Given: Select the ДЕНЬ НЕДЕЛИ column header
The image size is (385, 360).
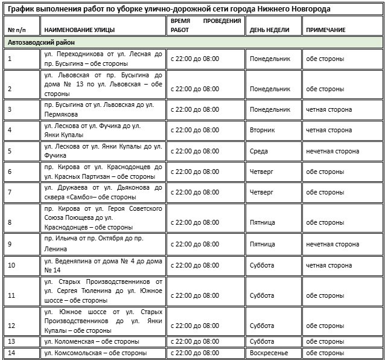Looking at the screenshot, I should pyautogui.click(x=269, y=30).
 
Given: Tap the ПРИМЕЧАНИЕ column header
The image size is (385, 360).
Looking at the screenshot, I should pyautogui.click(x=325, y=30).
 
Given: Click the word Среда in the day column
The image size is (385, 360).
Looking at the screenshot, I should pyautogui.click(x=259, y=151).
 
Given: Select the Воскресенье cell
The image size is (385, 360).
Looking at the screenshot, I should pyautogui.click(x=269, y=353).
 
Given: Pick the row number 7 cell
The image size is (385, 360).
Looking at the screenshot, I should pyautogui.click(x=10, y=192).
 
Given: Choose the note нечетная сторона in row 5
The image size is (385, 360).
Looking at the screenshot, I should pyautogui.click(x=332, y=151).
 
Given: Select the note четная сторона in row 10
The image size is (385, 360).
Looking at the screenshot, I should pyautogui.click(x=329, y=265).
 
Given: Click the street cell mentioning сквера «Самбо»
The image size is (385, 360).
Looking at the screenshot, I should pyautogui.click(x=103, y=192).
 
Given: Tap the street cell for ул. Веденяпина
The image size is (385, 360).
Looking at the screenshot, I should pyautogui.click(x=103, y=265).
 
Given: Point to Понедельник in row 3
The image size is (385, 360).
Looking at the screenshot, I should pyautogui.click(x=270, y=109).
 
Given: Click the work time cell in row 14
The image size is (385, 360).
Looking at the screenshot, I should pyautogui.click(x=194, y=353).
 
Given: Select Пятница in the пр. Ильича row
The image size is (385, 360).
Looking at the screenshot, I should pyautogui.click(x=262, y=244).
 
